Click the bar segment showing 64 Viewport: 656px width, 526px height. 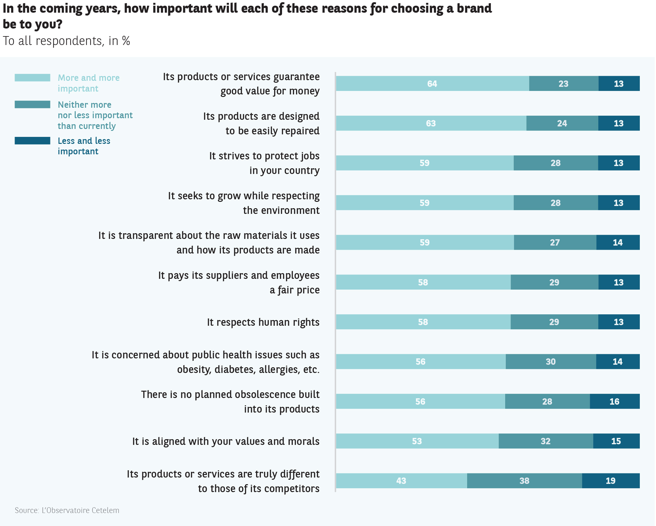[432, 84]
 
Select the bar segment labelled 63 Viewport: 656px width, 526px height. [431, 123]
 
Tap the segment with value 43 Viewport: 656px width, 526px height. [401, 481]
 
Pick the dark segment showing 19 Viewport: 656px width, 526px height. [611, 481]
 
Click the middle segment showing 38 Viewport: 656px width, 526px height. [524, 481]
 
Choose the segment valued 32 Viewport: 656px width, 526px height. [546, 441]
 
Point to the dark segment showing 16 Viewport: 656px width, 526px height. [614, 401]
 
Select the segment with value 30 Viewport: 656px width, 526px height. [551, 362]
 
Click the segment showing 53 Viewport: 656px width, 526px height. [417, 441]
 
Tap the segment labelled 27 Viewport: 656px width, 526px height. [555, 242]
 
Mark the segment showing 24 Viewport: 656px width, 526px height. [562, 123]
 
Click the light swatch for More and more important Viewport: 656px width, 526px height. [32, 78]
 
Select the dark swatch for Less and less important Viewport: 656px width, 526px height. [32, 141]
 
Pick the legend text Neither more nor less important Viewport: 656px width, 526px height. [95, 115]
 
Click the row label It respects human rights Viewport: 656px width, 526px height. [263, 322]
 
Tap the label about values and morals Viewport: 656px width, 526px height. [226, 441]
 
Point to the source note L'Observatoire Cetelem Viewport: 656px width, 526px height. [67, 510]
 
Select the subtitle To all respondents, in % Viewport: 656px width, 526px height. [67, 41]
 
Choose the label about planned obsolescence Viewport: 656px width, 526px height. [230, 402]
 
